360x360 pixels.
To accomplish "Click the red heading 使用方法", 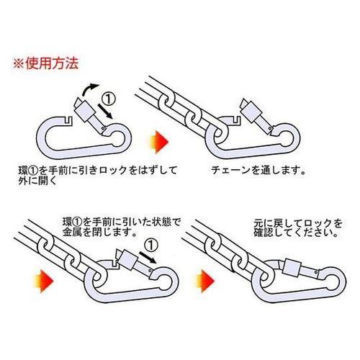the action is click(x=52, y=63).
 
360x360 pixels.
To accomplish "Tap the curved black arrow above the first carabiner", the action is click(x=89, y=89).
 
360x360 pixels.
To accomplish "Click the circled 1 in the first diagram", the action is click(x=109, y=99).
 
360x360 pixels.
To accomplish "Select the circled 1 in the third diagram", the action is click(x=151, y=246).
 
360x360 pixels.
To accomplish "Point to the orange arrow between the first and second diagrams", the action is click(x=159, y=142).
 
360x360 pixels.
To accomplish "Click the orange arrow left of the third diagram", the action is click(x=44, y=281).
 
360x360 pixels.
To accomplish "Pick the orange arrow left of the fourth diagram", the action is click(x=205, y=281).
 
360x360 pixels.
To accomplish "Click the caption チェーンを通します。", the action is click(x=258, y=170).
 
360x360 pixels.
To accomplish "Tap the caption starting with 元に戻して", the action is click(x=297, y=228).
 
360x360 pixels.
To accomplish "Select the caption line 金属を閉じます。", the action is click(x=99, y=233).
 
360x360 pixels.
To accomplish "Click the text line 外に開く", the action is click(x=37, y=181).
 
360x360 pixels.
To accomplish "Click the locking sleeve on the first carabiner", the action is click(x=84, y=111).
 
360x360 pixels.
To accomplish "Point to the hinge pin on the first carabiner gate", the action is click(x=103, y=129).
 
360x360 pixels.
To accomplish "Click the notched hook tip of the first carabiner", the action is click(x=68, y=120).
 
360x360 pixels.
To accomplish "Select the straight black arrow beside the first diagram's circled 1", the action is click(x=105, y=112).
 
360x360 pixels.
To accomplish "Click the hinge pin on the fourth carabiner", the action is click(x=317, y=272).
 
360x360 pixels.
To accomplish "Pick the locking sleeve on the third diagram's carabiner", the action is click(x=128, y=260).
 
